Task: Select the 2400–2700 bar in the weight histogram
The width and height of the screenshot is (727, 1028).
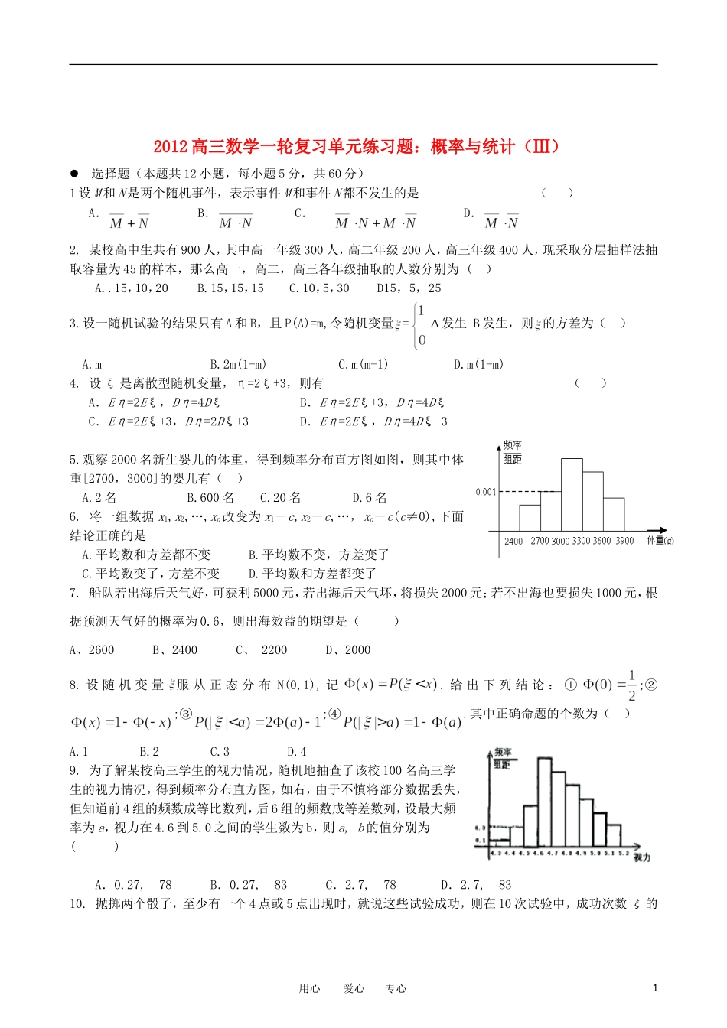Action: (530, 518)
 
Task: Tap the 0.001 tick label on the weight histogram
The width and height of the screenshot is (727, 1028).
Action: (486, 492)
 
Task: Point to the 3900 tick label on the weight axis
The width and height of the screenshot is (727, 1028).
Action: (624, 541)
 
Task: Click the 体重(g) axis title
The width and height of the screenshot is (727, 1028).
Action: (660, 541)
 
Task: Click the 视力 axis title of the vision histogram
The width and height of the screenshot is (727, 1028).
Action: (642, 858)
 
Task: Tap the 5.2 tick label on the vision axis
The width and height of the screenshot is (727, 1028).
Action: (624, 852)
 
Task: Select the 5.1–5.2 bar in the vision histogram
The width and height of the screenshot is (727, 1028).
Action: (613, 834)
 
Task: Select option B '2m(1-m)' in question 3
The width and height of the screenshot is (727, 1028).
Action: (238, 365)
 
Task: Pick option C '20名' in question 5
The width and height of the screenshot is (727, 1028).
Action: (280, 498)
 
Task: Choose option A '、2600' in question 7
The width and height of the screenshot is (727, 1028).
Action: (92, 650)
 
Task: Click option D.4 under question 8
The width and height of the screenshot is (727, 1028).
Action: (296, 752)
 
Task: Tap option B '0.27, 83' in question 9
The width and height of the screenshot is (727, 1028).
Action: (248, 885)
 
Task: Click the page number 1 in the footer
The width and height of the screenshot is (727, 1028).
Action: (655, 987)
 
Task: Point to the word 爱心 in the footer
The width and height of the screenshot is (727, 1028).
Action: (354, 988)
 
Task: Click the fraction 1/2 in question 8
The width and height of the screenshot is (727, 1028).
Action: (631, 685)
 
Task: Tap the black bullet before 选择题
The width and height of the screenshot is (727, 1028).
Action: (74, 174)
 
